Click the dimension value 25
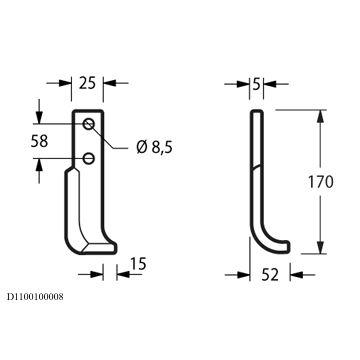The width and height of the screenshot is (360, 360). (x=87, y=83)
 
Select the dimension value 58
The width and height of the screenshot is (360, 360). (x=39, y=141)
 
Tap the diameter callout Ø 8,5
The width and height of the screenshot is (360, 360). (x=154, y=147)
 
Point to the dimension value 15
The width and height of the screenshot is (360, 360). (x=138, y=264)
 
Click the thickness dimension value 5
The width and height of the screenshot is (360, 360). (x=256, y=85)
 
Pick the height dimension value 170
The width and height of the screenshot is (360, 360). (x=320, y=182)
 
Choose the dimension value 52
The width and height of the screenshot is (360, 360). (x=270, y=275)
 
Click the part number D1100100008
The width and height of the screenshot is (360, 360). (x=35, y=297)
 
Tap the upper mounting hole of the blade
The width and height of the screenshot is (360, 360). (x=89, y=124)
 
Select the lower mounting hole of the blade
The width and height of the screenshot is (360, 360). (x=89, y=158)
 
